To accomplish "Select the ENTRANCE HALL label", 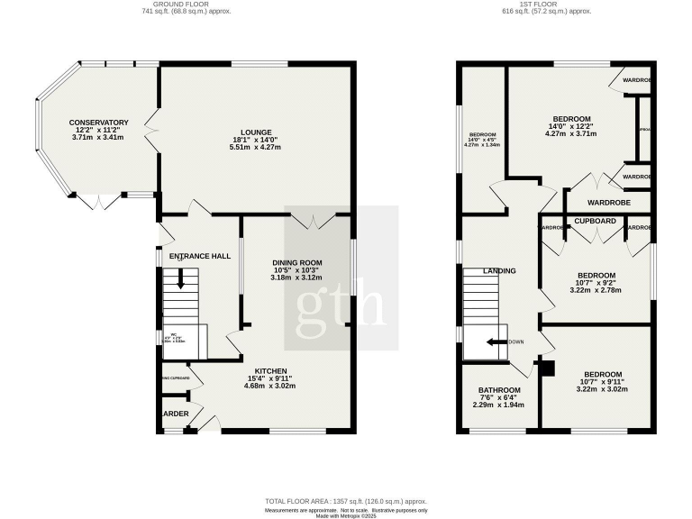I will pos(199,256).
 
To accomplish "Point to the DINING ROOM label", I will pos(296,262).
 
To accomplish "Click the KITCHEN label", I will pos(270,370).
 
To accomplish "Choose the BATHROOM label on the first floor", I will pos(498,390).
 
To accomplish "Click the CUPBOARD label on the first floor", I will pos(595,220).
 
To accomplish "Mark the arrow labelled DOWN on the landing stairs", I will pos(493,342).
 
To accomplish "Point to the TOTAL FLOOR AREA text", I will pos(346,501).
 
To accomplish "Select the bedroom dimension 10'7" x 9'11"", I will pos(602,383).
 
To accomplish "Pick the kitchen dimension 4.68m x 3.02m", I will pos(270,386).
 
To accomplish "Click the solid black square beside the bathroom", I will pos(548,367).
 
